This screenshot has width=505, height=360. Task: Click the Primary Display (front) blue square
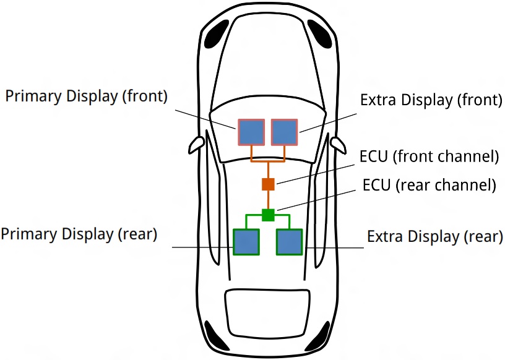pyautogui.click(x=252, y=132)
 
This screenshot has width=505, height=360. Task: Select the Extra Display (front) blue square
pyautogui.click(x=285, y=132)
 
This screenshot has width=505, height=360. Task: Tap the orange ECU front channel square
pyautogui.click(x=268, y=184)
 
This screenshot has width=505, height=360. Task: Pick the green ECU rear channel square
pyautogui.click(x=268, y=215)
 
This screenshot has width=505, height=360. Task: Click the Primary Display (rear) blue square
pyautogui.click(x=246, y=242)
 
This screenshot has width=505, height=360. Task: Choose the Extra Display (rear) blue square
pyautogui.click(x=289, y=242)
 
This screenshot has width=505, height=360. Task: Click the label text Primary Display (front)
pyautogui.click(x=87, y=97)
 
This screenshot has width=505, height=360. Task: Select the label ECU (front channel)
pyautogui.click(x=429, y=156)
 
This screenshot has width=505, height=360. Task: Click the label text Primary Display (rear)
pyautogui.click(x=79, y=234)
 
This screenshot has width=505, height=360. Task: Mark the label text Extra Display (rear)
pyautogui.click(x=434, y=236)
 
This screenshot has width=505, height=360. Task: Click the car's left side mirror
pyautogui.click(x=196, y=145)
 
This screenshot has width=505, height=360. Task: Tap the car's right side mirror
pyautogui.click(x=338, y=144)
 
